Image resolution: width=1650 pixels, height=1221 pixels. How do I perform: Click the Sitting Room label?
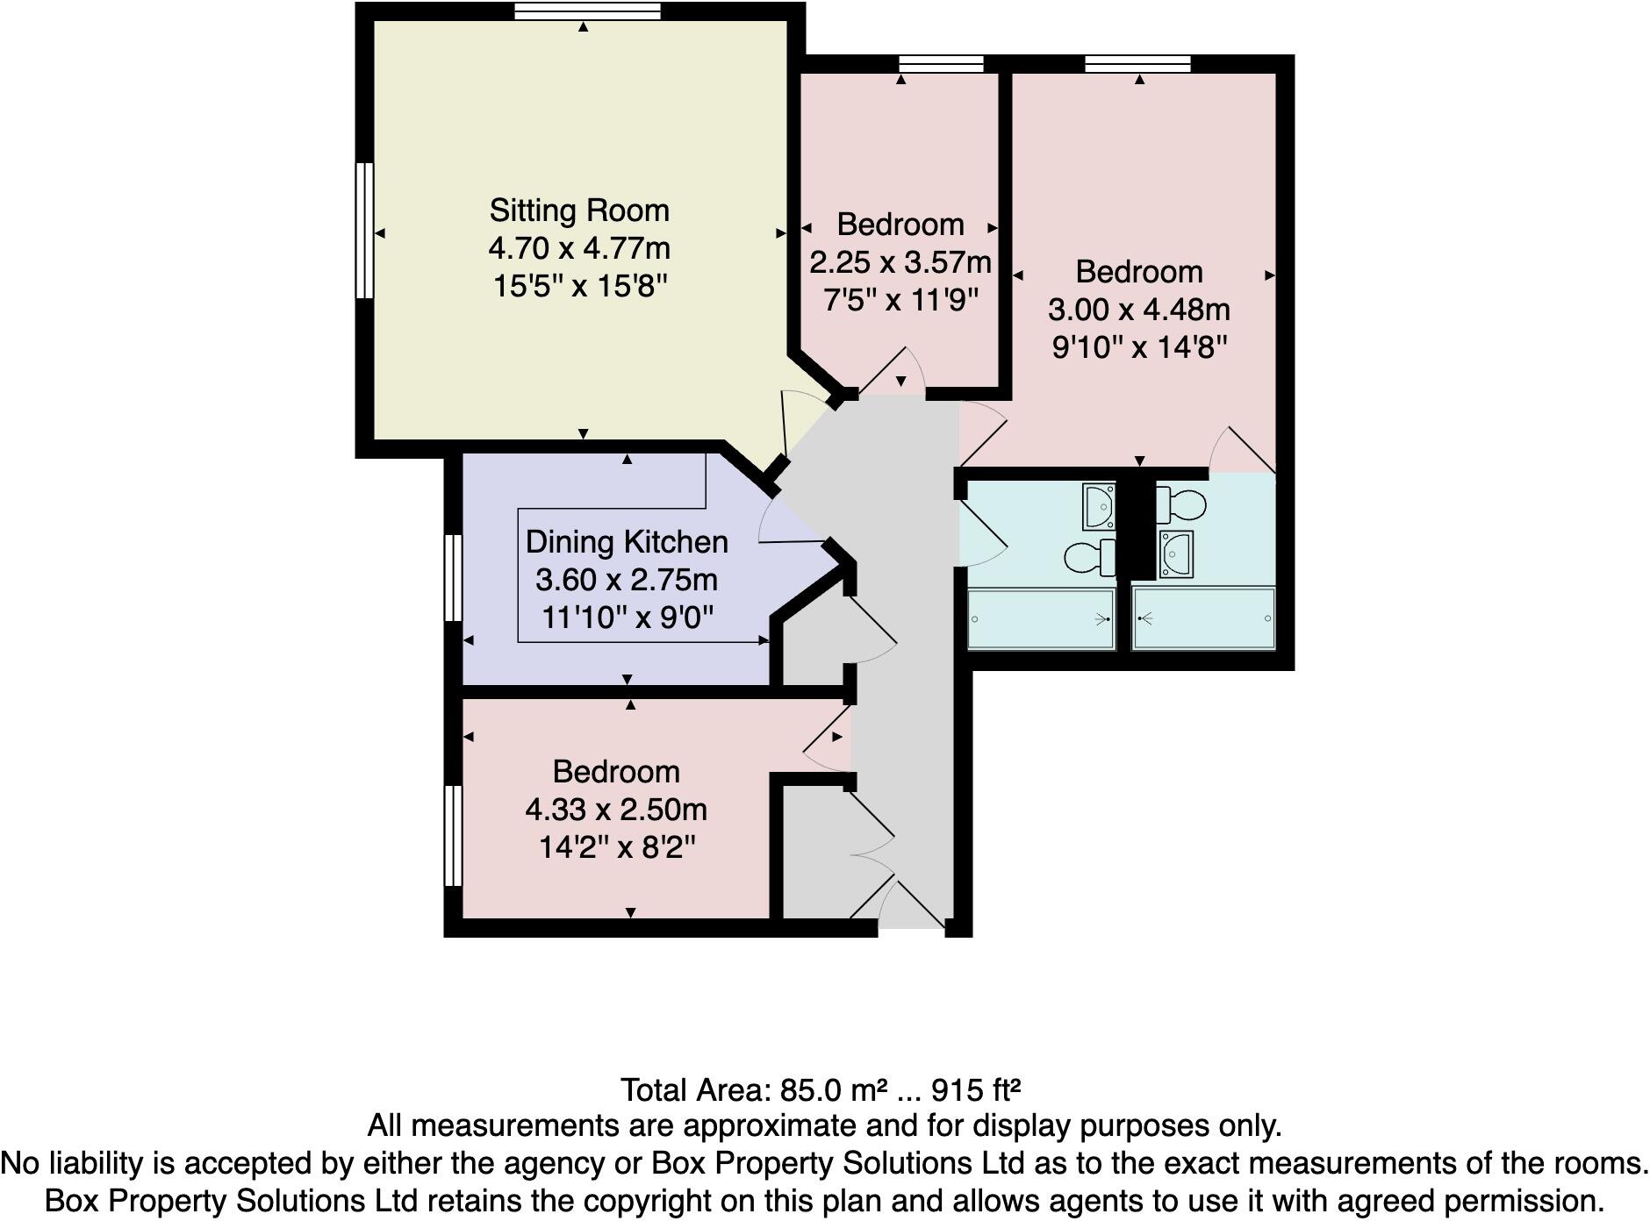(x=579, y=211)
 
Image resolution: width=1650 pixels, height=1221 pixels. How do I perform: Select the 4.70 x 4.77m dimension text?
(x=579, y=248)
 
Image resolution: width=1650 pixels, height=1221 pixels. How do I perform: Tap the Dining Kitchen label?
(x=627, y=542)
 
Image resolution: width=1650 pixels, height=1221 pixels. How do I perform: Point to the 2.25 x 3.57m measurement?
(x=900, y=262)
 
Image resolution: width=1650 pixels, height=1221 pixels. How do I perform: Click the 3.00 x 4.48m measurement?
(x=1139, y=310)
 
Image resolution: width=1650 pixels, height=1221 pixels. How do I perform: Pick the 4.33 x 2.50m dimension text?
(x=616, y=810)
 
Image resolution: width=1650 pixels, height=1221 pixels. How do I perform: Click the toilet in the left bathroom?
(x=1089, y=556)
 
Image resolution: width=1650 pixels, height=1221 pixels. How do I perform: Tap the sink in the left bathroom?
(x=1099, y=506)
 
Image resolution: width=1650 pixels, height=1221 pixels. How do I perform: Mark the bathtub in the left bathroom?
(x=1040, y=619)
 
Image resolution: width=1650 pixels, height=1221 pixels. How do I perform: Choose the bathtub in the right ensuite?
(x=1203, y=619)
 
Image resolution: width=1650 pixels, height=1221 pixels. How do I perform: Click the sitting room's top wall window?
(x=586, y=11)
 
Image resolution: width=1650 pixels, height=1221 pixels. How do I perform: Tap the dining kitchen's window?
(x=453, y=578)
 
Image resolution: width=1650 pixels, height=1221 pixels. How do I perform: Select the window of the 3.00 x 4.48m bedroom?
(x=1137, y=63)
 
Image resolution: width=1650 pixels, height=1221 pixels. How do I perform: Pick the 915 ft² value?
(x=976, y=1090)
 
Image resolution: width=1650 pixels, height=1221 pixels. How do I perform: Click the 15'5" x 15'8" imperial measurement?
(x=579, y=286)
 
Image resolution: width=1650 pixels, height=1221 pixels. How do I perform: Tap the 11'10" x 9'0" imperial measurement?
(x=627, y=618)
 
